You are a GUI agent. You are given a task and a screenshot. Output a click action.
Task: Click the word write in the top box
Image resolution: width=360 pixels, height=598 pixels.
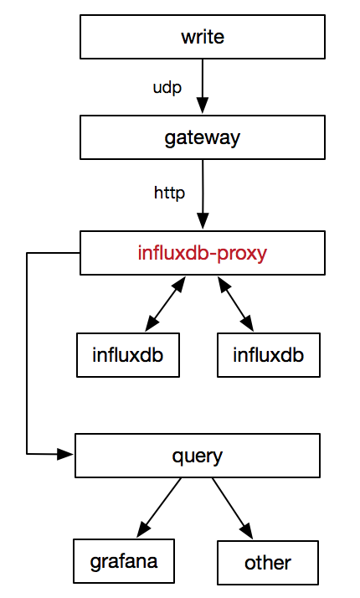(x=203, y=37)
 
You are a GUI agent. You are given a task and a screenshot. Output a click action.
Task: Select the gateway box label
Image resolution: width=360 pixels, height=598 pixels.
(x=203, y=138)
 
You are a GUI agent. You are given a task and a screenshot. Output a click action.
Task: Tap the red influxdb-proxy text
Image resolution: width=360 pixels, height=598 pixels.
(x=202, y=253)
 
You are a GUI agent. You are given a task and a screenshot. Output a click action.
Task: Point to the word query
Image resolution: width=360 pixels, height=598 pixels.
(x=197, y=456)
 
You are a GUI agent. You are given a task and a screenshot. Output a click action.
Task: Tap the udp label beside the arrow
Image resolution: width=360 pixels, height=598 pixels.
(x=167, y=88)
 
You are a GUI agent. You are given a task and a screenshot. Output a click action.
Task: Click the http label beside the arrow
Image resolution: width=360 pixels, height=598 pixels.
(x=169, y=193)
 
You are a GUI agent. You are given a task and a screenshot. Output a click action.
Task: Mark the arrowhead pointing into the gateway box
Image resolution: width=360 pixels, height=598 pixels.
(x=203, y=106)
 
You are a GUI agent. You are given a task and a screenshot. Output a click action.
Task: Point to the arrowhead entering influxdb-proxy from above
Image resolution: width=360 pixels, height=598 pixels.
(x=203, y=221)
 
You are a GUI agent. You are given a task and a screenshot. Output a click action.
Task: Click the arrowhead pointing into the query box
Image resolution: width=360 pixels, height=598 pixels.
(x=65, y=454)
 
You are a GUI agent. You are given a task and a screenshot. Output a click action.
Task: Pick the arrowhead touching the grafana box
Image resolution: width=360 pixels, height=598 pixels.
(x=144, y=529)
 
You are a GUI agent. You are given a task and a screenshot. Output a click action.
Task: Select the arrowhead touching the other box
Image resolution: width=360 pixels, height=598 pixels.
(x=246, y=530)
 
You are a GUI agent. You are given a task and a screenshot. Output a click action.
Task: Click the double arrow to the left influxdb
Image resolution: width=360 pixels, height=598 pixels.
(x=165, y=304)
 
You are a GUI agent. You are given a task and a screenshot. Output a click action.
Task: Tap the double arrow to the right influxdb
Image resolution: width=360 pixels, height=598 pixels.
(x=236, y=304)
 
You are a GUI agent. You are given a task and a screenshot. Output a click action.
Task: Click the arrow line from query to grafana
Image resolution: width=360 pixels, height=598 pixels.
(x=158, y=508)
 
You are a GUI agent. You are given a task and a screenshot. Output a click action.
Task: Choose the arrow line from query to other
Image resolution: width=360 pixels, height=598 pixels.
(x=233, y=508)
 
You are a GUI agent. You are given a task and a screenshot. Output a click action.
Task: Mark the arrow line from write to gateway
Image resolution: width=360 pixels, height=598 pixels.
(x=203, y=86)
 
